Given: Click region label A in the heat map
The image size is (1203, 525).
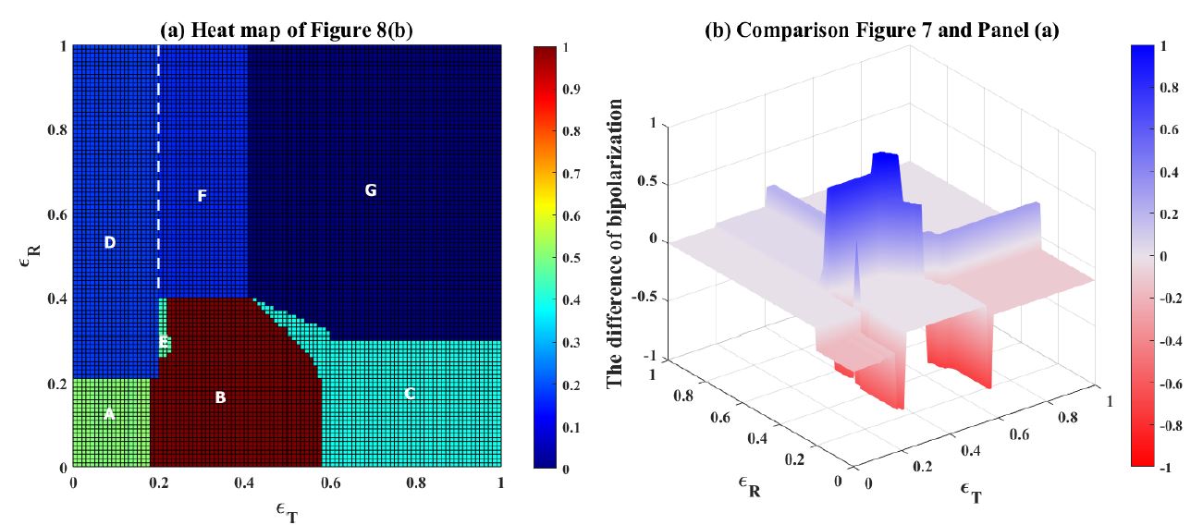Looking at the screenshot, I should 109,414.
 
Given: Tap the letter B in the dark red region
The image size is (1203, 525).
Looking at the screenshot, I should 220,398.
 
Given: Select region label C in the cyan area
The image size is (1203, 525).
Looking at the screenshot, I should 409,394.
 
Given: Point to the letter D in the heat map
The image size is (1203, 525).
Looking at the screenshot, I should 109,243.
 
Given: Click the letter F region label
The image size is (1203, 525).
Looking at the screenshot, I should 202,196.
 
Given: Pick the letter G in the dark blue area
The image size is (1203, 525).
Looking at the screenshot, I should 371,191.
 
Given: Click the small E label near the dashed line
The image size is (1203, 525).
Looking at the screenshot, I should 164,343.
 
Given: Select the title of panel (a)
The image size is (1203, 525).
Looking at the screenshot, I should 286,30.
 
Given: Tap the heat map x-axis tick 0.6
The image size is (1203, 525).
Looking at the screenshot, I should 329,482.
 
